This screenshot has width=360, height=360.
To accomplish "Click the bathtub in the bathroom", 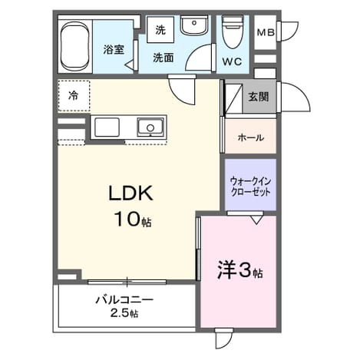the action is [x=75, y=46].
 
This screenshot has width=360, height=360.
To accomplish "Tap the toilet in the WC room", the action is [x=233, y=31].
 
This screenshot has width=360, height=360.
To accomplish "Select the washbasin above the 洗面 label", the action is [x=193, y=25].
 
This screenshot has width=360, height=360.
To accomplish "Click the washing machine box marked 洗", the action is [x=160, y=30].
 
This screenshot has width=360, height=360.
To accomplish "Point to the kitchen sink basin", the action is [x=150, y=127].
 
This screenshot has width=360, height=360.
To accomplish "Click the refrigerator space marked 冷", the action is [x=74, y=96].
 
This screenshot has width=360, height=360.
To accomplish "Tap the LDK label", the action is [x=130, y=193].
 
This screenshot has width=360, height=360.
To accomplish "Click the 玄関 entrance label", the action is [x=259, y=97].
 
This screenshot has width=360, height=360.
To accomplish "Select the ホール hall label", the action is [x=251, y=138].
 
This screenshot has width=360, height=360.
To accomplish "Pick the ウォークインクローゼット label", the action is [x=250, y=187].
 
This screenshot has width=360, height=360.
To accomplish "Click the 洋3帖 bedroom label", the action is [x=240, y=270].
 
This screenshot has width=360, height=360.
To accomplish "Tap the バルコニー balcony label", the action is [x=124, y=299].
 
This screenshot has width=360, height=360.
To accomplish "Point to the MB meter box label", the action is [x=266, y=32].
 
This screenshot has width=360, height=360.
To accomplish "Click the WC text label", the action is [x=232, y=61].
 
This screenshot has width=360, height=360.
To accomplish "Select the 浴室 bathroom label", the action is [x=114, y=49].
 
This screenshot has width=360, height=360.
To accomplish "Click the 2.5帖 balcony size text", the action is [x=124, y=313].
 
